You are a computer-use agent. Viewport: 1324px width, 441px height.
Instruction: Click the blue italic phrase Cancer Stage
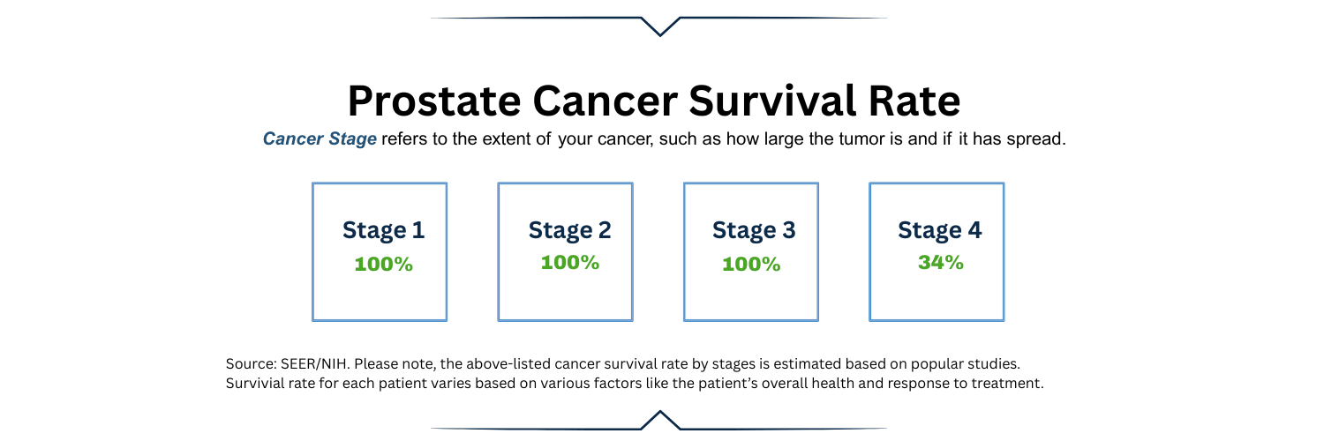(320, 140)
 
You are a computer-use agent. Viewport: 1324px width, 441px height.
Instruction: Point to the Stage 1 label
(383, 231)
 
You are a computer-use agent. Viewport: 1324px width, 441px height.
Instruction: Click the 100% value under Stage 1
(383, 264)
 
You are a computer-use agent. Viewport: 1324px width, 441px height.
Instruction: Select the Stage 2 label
(569, 231)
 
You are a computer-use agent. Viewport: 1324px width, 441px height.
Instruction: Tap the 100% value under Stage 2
(569, 263)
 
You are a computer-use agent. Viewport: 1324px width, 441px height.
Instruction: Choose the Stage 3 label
(754, 231)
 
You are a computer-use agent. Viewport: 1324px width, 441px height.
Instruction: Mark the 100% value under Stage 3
(751, 264)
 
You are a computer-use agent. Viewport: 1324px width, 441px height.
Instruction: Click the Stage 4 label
(939, 231)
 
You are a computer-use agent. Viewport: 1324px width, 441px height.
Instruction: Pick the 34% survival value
(940, 263)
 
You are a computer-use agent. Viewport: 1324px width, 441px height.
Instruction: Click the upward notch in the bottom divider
(659, 418)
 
